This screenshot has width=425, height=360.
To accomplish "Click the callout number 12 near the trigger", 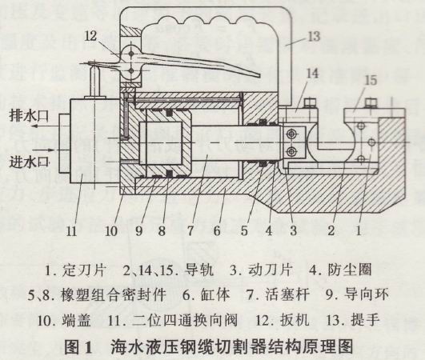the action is (90, 36).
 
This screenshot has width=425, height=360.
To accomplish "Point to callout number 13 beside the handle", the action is (314, 37).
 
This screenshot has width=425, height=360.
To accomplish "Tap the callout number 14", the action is (312, 73).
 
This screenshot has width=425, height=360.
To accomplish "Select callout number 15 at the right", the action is (371, 80).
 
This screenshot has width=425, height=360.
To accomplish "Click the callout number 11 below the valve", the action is (71, 231).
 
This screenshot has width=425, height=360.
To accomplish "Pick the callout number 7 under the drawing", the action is (190, 231).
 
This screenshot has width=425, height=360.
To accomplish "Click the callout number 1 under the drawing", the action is (359, 231).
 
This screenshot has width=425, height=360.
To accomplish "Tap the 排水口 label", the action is (29, 115).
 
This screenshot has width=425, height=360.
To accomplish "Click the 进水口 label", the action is (29, 162).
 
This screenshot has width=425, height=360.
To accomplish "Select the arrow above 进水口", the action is (44, 150).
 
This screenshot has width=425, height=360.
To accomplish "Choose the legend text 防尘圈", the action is (350, 270).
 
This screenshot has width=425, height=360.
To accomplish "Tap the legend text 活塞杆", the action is (287, 294).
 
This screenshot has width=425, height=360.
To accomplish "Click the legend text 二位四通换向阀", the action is (185, 320).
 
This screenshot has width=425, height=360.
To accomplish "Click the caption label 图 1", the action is (78, 346).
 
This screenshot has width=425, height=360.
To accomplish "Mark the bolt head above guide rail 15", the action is (371, 103).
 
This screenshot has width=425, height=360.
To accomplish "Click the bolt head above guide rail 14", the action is (311, 102).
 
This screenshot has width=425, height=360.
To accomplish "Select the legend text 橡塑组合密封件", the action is (113, 294).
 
